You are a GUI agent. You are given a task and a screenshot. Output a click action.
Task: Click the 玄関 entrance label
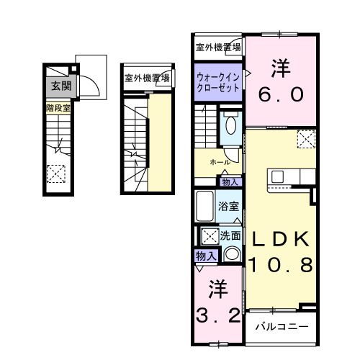[x=59, y=86]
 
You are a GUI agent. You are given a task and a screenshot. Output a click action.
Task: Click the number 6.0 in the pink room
[x=282, y=93]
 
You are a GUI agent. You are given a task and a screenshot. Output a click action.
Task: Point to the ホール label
[x=220, y=163]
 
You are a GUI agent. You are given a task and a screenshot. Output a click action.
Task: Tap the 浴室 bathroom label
[x=230, y=206]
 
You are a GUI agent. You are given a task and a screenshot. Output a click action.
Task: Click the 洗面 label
[x=230, y=235]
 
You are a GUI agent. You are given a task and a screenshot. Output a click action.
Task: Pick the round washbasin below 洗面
[x=231, y=253]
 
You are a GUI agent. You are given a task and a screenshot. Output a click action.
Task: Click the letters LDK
[x=281, y=240]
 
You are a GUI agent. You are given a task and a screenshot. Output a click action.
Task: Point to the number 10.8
[x=282, y=266]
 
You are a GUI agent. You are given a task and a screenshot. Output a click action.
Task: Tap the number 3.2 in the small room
[x=218, y=315]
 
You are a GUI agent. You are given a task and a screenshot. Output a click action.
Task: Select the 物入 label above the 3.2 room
[x=205, y=255]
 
